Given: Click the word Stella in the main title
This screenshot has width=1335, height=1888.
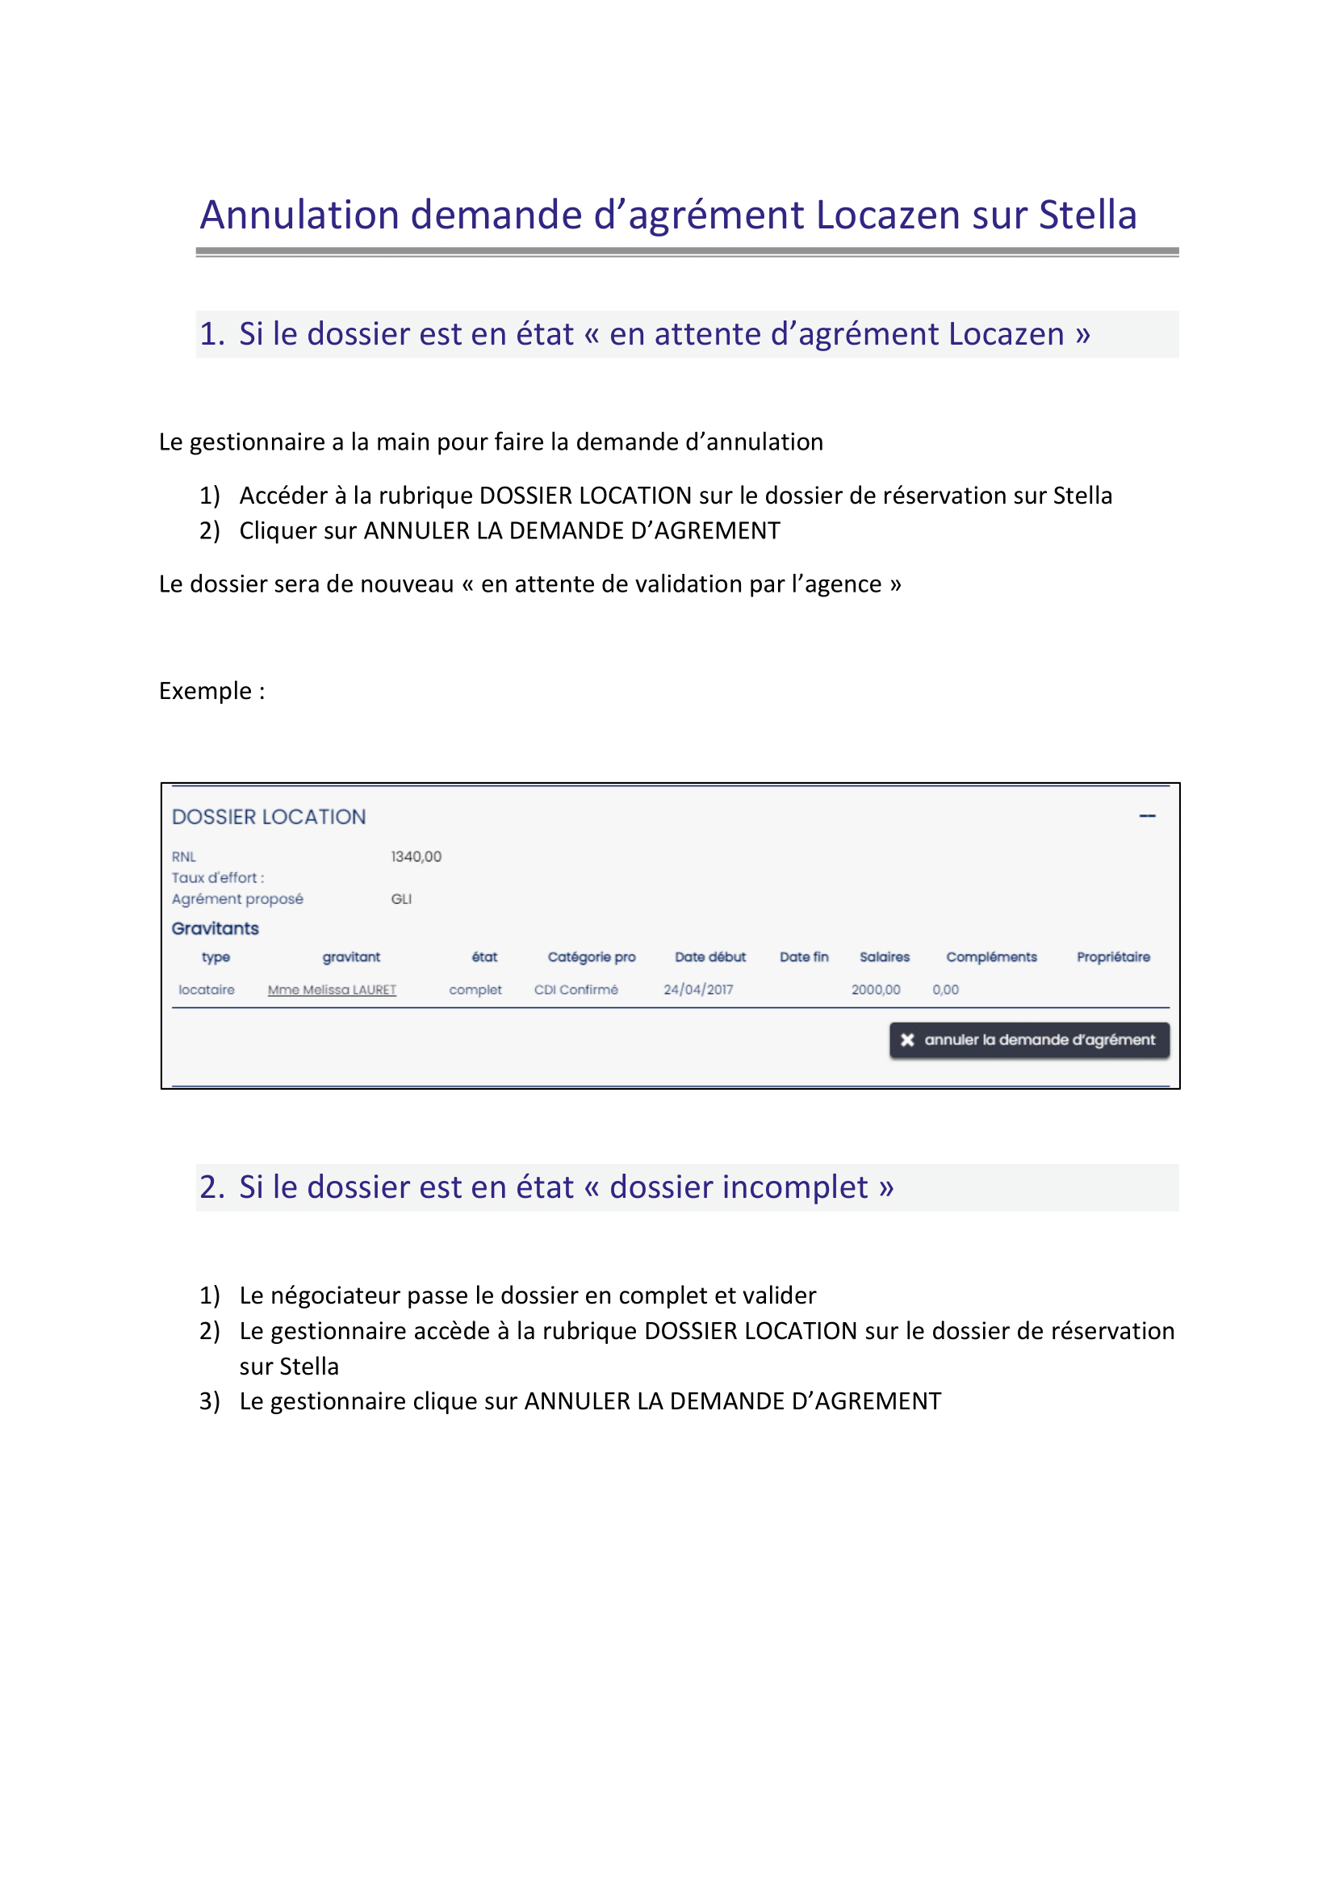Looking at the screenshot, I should coord(1086,216).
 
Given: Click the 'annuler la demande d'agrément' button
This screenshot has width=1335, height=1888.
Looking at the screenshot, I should coord(1029,1040).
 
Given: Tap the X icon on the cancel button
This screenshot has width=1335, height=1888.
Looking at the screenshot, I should coord(907,1040).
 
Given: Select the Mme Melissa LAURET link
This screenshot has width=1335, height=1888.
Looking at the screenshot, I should coord(332,990).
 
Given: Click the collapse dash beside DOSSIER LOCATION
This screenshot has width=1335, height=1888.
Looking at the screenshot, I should coord(1147,817).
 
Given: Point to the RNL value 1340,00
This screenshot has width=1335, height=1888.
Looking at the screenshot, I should coord(416,857).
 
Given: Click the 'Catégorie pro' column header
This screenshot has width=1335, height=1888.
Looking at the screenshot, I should coord(592,957).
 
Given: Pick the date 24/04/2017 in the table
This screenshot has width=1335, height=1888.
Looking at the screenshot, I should coord(699,990).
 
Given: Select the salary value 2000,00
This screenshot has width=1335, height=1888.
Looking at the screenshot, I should coord(876,990).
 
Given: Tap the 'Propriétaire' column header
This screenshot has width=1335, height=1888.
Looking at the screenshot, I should coord(1113,957).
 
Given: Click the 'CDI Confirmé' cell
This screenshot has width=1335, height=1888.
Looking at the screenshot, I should coord(576,990).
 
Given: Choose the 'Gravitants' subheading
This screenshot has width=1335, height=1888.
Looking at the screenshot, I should coord(216,928).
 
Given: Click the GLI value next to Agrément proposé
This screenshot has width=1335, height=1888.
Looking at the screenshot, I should coord(401,899).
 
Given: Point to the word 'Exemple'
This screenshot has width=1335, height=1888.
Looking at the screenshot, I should coord(206,691).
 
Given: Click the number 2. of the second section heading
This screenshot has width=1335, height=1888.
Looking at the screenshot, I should coord(212,1187).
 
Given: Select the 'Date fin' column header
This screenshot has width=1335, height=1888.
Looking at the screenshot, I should coord(804,957).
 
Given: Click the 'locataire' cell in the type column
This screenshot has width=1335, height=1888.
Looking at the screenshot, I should coord(207,990).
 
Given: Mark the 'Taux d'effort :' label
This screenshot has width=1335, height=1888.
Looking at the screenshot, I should coord(218,878).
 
